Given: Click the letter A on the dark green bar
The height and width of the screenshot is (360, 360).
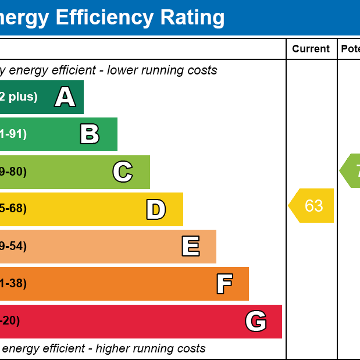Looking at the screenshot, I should pos(65,97).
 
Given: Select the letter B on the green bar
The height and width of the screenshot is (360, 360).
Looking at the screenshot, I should pos(90,134).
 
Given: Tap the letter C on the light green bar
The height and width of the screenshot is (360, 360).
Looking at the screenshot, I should pos(123,172).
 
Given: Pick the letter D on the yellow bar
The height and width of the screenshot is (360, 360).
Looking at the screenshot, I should pos(156,209).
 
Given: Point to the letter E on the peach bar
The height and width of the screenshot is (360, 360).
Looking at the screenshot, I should pos(190,247).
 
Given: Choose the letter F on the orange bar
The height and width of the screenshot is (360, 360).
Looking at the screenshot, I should pos(224,284).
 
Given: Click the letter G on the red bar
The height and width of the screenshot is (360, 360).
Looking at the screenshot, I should pos(256,321).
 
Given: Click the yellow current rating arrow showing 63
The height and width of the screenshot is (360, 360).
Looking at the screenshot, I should pos(312,205).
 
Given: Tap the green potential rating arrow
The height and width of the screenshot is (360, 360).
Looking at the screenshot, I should pos(351,171).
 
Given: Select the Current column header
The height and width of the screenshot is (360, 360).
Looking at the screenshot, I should pos(311,49).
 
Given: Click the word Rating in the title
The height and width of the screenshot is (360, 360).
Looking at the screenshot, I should pos(193,18).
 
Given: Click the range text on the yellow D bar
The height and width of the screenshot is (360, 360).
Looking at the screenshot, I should pos(13,209).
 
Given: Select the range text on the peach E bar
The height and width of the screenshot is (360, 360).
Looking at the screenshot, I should pos(13,246).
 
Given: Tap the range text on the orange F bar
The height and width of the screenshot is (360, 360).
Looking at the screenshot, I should pos(13,283).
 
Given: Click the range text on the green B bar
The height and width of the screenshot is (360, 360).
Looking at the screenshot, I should pos(13,134).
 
